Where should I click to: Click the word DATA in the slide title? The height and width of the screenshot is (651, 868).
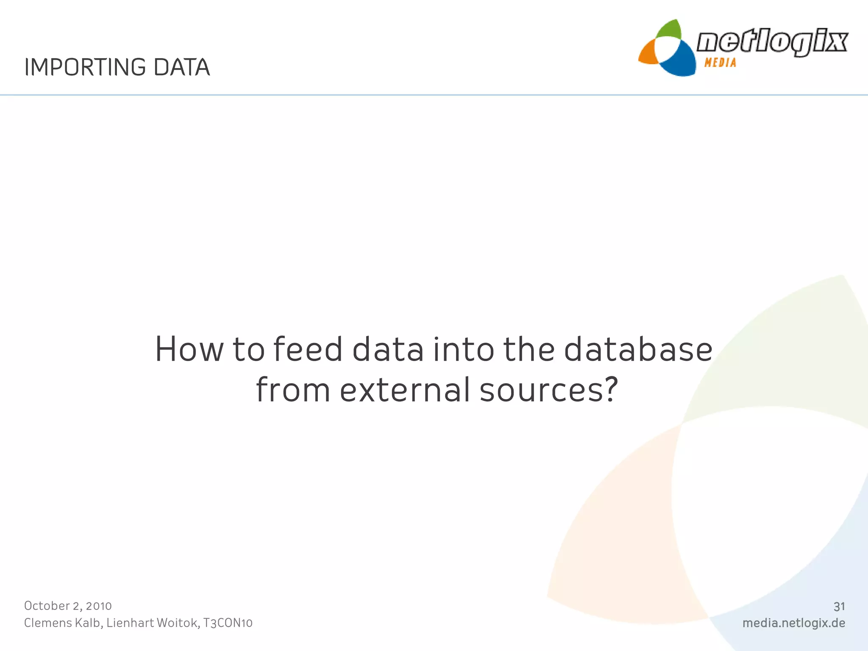[x=181, y=67]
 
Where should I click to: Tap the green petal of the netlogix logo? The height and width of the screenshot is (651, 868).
[x=670, y=30]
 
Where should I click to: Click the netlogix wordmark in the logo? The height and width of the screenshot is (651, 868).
[x=771, y=42]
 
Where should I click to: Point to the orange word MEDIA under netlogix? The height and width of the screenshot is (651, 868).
[x=720, y=63]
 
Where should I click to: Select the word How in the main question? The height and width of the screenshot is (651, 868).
[x=189, y=349]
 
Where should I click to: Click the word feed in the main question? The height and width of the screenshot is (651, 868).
[x=308, y=349]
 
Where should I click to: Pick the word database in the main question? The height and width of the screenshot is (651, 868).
[x=638, y=349]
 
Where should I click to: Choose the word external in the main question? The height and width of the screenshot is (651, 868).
[x=405, y=390]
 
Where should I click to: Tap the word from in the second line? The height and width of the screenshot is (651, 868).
[x=293, y=390]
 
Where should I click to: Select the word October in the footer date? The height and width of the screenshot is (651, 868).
[x=47, y=606]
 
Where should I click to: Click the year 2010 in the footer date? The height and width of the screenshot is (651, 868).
[x=99, y=606]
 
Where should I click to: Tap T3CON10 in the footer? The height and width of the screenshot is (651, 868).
[x=228, y=623]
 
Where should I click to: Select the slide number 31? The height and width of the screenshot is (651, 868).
[x=839, y=606]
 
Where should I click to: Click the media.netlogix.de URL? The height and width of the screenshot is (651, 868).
[x=793, y=623]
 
